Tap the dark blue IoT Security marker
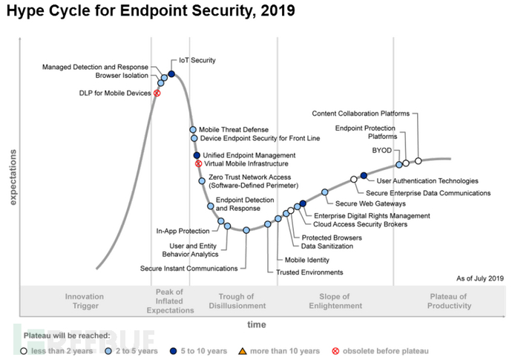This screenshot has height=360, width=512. [x=171, y=73]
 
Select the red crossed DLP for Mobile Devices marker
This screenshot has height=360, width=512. [x=157, y=93]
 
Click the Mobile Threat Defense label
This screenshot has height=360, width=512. [x=234, y=129]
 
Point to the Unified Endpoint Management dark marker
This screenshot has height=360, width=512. [x=197, y=155]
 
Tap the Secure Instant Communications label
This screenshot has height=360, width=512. [x=189, y=268]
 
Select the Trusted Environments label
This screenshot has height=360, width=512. [x=309, y=272]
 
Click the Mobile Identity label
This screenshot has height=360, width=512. [x=306, y=260]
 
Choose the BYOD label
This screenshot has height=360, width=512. [x=381, y=151]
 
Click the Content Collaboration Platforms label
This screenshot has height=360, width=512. [x=361, y=114]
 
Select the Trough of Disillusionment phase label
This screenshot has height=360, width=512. [x=237, y=301]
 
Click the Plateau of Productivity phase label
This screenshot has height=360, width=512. [x=449, y=301]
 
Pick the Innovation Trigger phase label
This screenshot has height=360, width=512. [x=85, y=301]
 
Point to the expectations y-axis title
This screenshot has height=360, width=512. [x=12, y=177]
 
